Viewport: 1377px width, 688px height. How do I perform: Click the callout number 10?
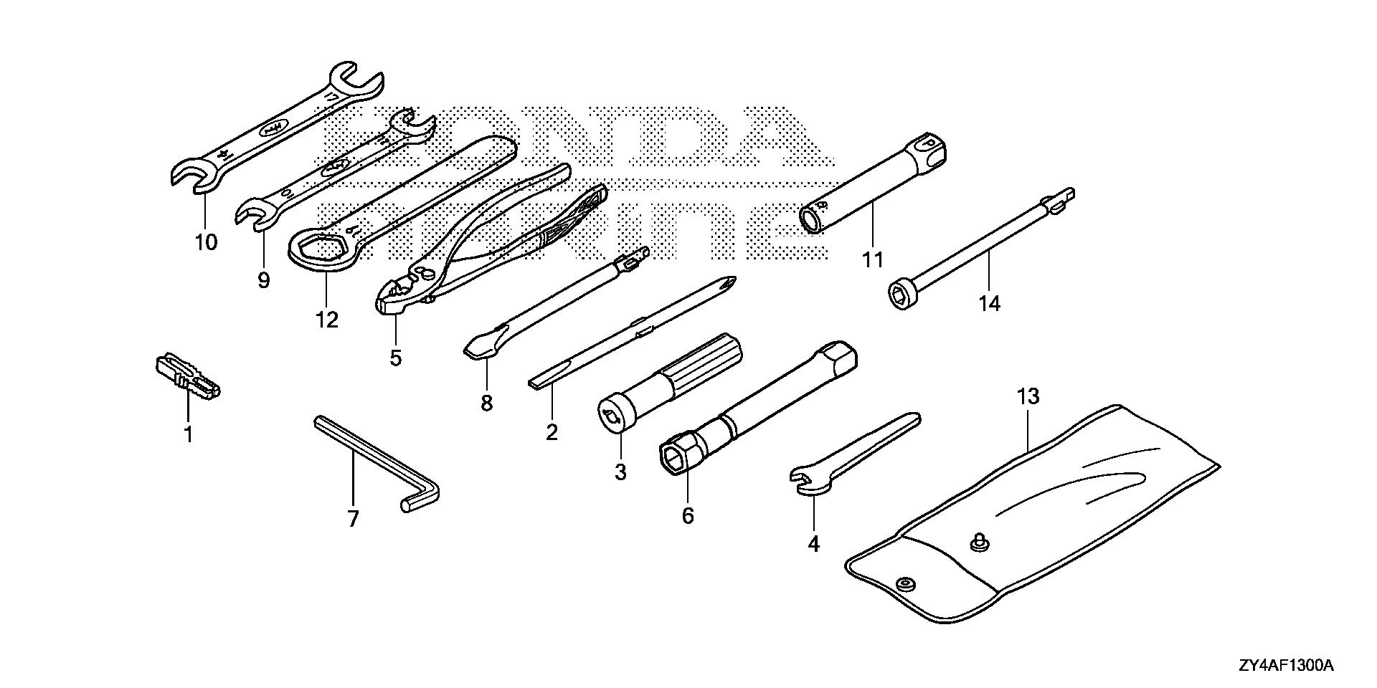coord(205,242)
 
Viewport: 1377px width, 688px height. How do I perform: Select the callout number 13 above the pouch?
coord(1028,396)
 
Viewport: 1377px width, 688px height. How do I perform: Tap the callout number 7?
coord(352,519)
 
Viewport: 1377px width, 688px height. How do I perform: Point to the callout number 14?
coord(989,304)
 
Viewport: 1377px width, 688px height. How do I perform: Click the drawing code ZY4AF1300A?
coord(1284,667)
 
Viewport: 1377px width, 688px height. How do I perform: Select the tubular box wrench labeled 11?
coord(872,182)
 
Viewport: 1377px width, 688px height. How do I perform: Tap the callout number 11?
coord(872,259)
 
